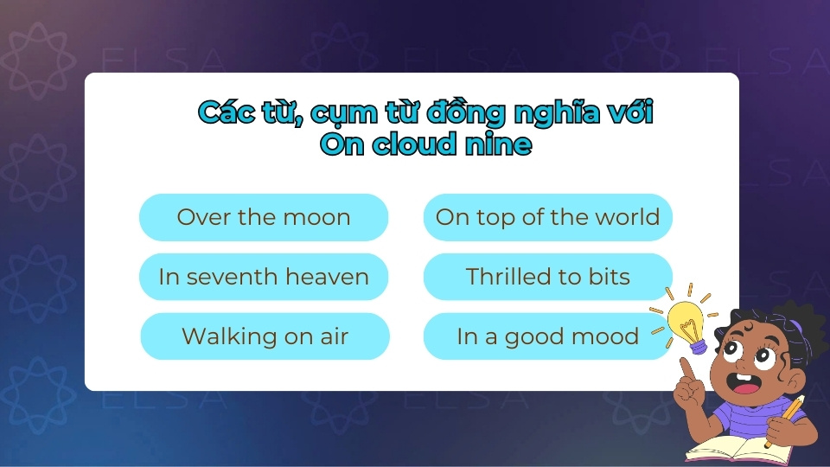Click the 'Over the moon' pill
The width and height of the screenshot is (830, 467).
tap(264, 217)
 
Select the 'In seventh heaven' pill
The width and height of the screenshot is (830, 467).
tap(264, 277)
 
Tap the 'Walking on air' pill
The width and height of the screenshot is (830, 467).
tap(265, 336)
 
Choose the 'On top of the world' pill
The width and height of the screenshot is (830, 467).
tap(547, 217)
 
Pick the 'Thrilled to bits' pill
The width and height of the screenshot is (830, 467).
tap(547, 277)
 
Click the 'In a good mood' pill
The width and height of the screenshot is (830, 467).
tap(547, 336)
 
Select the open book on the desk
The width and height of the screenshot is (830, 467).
tap(735, 450)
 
